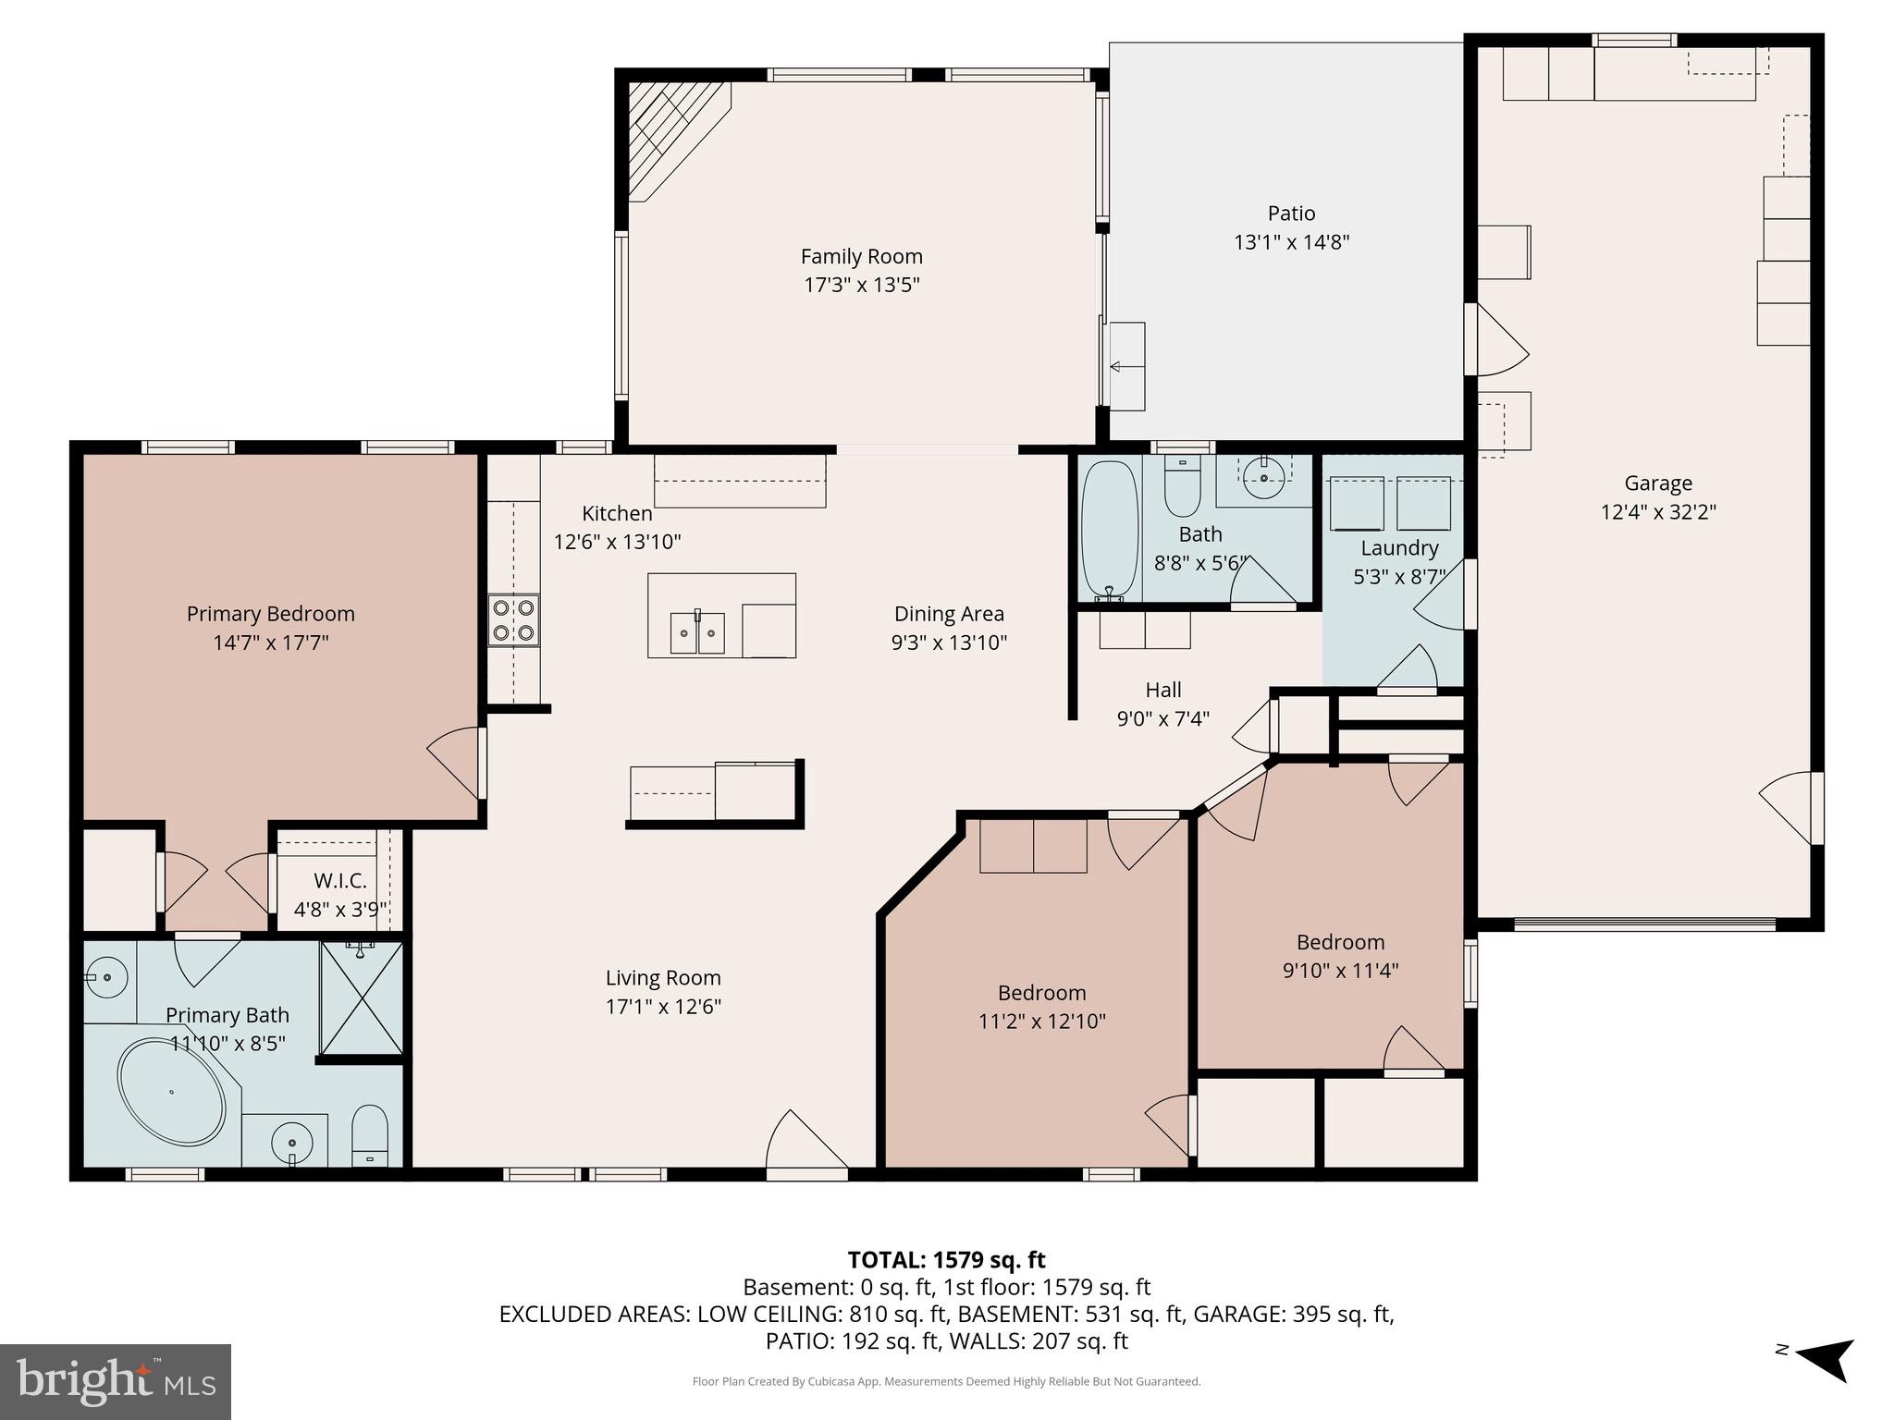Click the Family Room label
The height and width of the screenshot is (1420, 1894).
[861, 256]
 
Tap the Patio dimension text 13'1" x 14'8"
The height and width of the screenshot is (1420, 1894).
[1291, 242]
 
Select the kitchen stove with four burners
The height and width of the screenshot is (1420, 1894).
[514, 620]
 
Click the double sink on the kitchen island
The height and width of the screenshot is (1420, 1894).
[697, 632]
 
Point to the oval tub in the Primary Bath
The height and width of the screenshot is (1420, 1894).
[172, 1092]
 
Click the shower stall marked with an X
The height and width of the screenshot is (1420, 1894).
[362, 998]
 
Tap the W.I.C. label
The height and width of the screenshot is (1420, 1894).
[340, 881]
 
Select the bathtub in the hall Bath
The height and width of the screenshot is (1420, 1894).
[1110, 532]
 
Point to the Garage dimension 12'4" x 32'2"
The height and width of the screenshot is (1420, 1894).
[1658, 511]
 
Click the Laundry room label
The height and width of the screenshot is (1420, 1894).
[1399, 548]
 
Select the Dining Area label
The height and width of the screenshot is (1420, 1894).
[949, 614]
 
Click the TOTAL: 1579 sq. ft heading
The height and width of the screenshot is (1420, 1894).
[946, 1260]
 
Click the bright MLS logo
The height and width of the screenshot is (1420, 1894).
[116, 1381]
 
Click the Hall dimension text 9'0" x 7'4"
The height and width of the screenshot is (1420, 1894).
[1162, 718]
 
